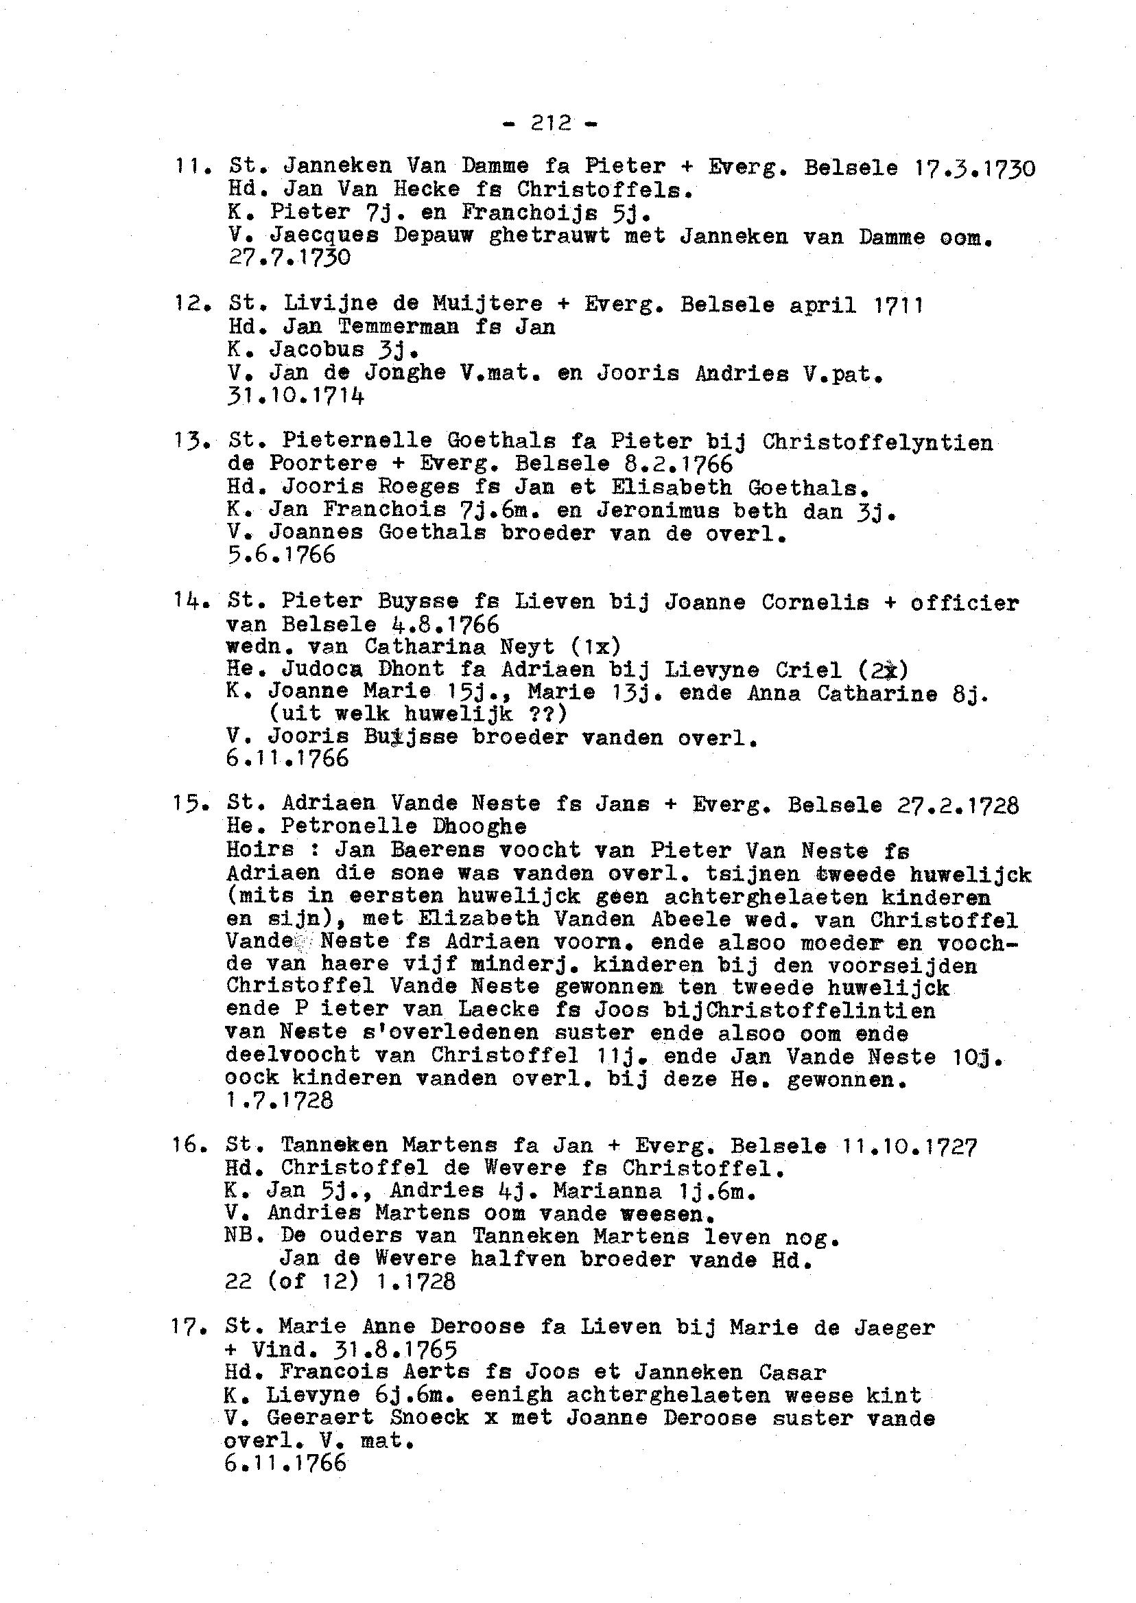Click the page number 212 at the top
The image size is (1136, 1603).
point(549,123)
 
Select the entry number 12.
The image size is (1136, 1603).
point(187,305)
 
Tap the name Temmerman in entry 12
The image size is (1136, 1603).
point(399,327)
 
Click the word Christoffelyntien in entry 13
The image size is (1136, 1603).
point(877,443)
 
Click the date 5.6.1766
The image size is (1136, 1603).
point(281,555)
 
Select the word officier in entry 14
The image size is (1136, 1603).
point(965,602)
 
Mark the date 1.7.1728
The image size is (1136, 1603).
point(280,1101)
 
